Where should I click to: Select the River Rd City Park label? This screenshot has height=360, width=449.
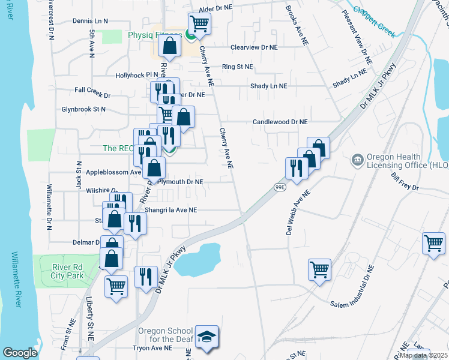(62, 271)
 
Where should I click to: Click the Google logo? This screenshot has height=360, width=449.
(20, 352)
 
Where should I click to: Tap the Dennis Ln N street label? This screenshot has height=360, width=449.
(91, 20)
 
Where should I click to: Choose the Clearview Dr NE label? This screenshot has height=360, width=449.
(255, 47)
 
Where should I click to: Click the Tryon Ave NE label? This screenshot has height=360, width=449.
(152, 348)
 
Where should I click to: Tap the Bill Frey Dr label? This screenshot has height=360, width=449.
(405, 182)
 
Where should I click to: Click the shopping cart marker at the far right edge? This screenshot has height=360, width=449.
(433, 244)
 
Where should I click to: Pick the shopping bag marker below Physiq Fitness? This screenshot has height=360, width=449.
(170, 46)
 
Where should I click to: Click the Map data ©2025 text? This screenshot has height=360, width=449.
(423, 355)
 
